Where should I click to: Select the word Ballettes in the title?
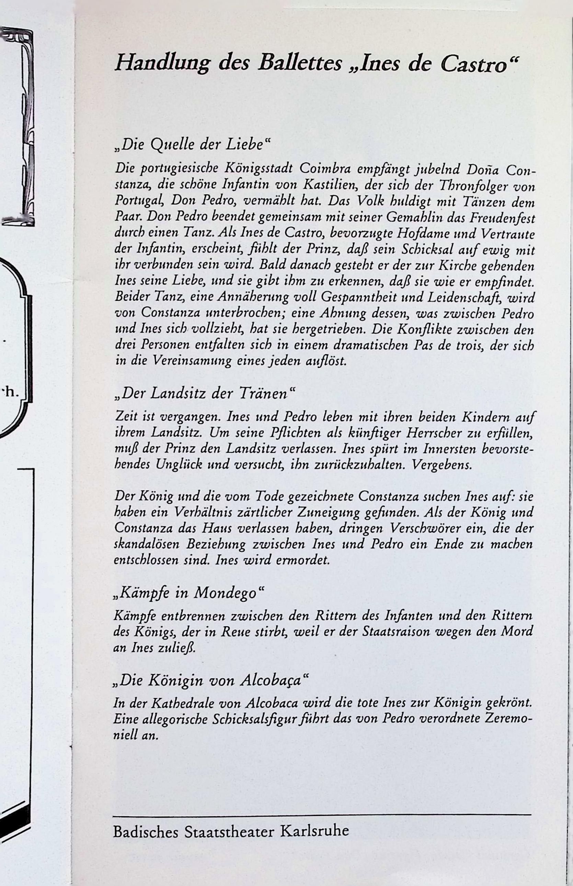point(300,63)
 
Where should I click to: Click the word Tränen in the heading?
point(266,394)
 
